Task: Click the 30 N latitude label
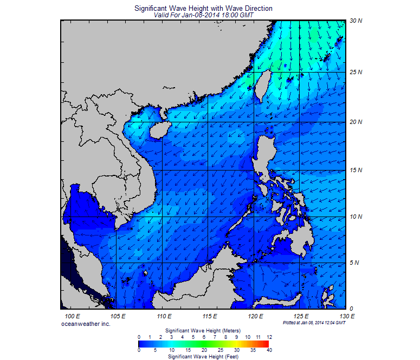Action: point(356,21)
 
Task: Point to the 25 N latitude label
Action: point(356,71)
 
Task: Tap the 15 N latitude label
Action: point(356,170)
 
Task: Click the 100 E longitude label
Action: point(72,316)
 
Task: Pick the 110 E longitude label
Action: point(164,316)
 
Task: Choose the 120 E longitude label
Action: point(255,316)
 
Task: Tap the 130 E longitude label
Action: point(347,316)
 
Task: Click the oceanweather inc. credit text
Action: point(86,323)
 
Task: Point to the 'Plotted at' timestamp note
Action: point(314,323)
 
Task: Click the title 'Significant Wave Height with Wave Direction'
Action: point(203,9)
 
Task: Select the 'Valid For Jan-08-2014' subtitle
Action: point(203,15)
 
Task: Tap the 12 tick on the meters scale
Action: point(269,337)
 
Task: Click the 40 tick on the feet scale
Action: point(269,350)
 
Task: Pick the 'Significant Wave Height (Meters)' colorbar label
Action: point(203,330)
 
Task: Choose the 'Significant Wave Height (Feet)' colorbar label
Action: point(203,357)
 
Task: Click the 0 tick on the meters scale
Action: point(139,337)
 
